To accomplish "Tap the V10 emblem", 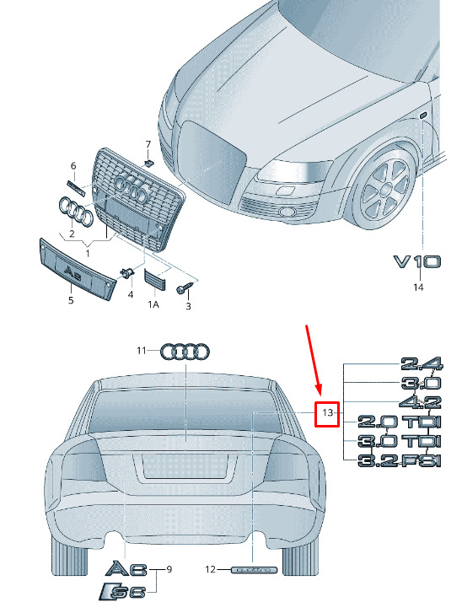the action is click(x=416, y=261).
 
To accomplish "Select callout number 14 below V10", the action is click(x=418, y=288).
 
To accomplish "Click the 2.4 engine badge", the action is click(x=422, y=364).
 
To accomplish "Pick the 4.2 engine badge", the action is click(x=421, y=402).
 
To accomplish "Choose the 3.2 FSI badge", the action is click(x=400, y=461).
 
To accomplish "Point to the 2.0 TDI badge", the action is click(x=400, y=422).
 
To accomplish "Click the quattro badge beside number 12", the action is click(x=255, y=570).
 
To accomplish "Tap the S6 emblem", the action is click(x=123, y=592).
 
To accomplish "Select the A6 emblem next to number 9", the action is click(x=126, y=569).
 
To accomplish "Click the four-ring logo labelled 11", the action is click(x=185, y=352).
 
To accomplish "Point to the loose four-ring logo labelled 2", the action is click(x=75, y=212).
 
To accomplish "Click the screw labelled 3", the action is click(x=185, y=288).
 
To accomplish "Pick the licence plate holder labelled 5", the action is click(x=77, y=270).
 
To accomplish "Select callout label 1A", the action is click(x=153, y=304).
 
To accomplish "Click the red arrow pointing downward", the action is click(x=314, y=359).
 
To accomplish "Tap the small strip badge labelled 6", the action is click(x=76, y=187).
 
